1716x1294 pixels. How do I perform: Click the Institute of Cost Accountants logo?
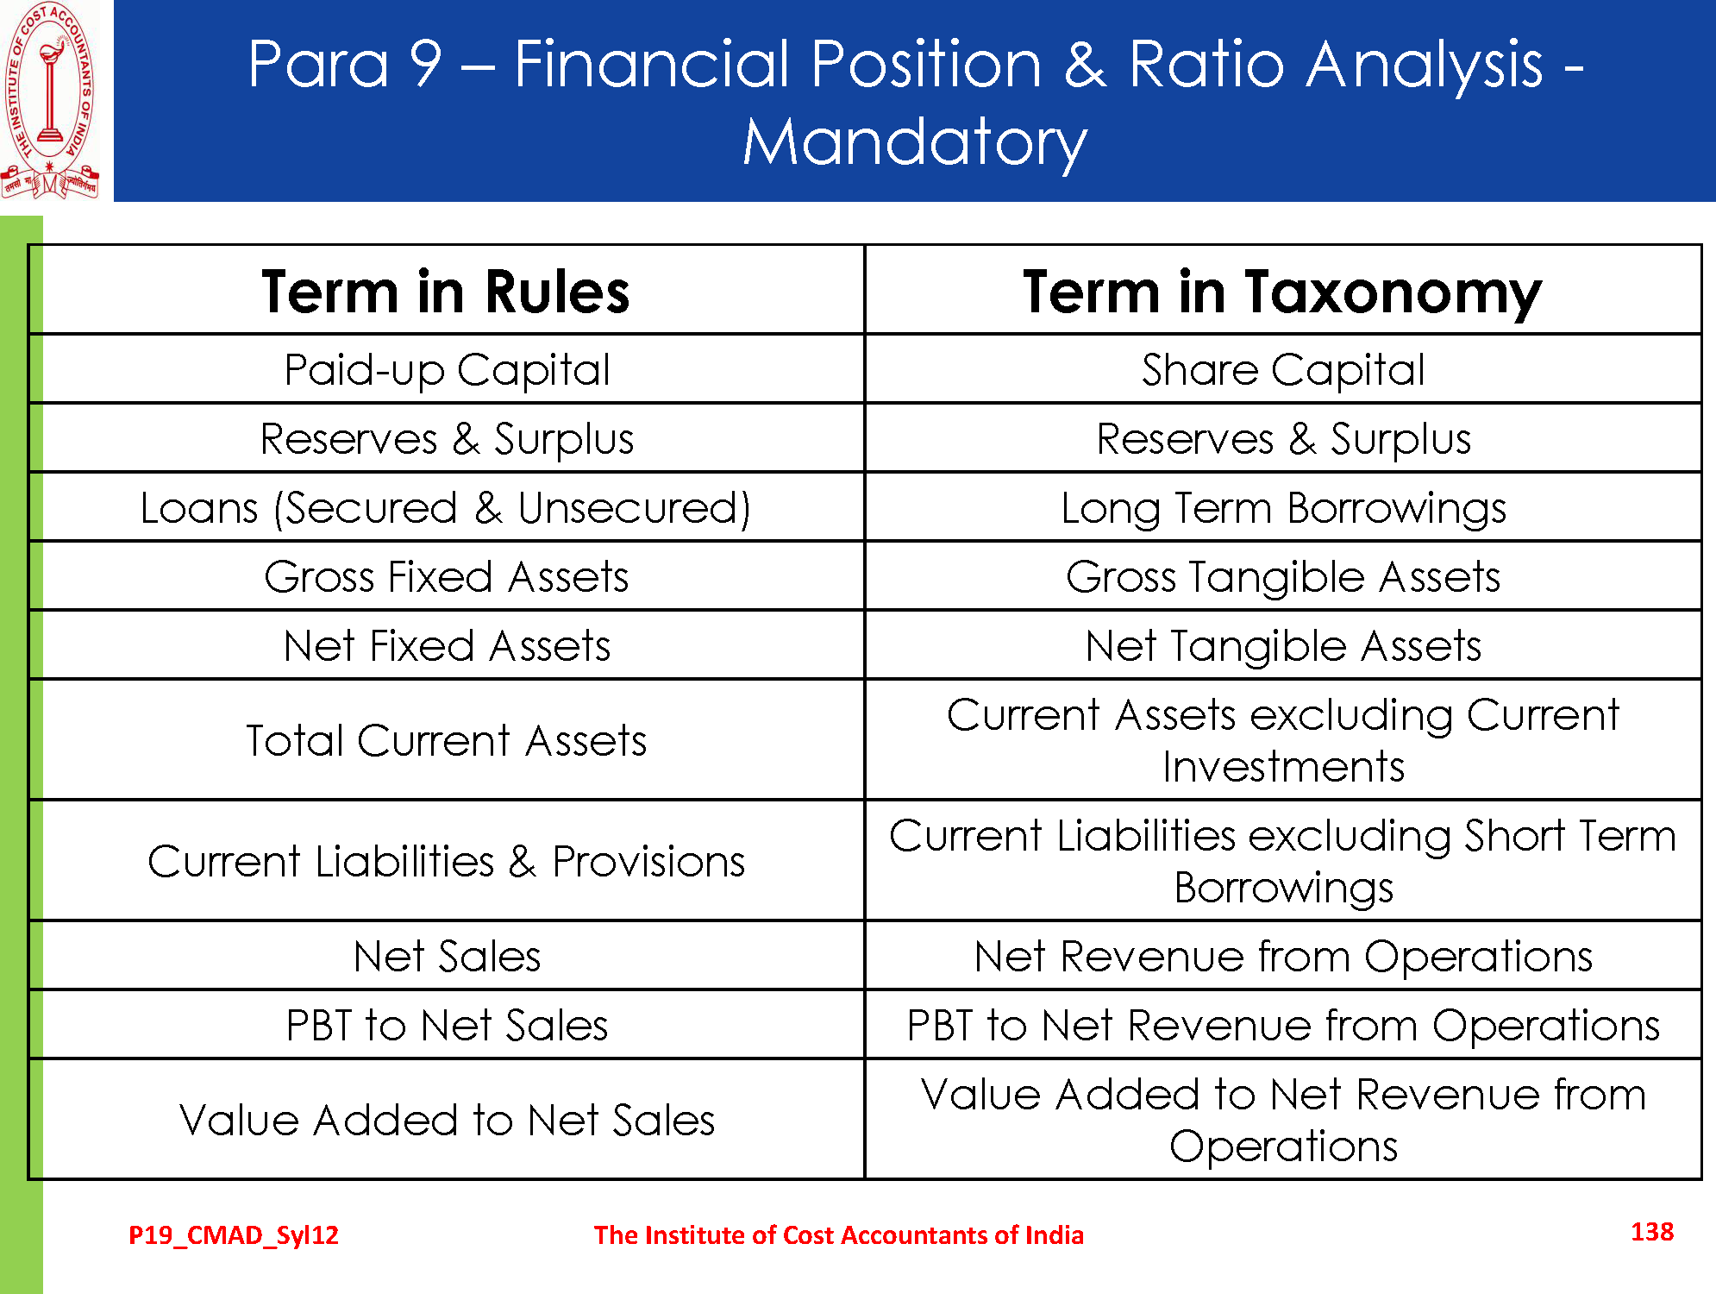50,101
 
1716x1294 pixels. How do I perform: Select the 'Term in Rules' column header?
446,292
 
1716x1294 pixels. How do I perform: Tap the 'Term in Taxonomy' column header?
1282,292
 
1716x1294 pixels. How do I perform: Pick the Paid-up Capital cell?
447,370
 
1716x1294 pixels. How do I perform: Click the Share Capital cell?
1283,370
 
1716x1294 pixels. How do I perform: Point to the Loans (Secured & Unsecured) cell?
446,508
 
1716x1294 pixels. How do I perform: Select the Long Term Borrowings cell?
1283,508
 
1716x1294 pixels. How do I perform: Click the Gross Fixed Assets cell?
447,576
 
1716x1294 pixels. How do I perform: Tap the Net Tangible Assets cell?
1283,646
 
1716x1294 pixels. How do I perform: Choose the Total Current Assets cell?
447,740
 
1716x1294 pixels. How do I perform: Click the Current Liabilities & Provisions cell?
447,861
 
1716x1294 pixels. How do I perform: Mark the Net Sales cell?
447,956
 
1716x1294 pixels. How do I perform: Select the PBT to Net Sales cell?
447,1025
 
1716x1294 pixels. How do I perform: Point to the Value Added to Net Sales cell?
447,1120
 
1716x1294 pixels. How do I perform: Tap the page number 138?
1652,1232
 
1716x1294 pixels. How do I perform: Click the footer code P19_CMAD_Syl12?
234,1235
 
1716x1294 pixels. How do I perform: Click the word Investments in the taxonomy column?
1283,767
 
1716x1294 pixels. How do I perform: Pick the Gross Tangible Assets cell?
1283,577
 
